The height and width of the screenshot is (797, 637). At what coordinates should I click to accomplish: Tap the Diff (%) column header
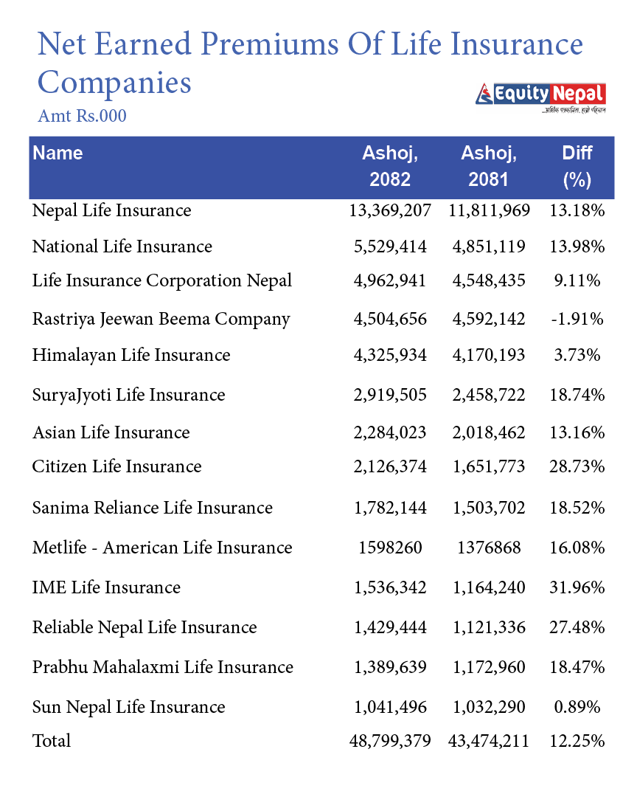click(x=577, y=166)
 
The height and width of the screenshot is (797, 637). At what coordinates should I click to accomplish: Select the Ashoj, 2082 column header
click(x=390, y=166)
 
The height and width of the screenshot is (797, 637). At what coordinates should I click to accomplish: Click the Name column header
click(x=58, y=153)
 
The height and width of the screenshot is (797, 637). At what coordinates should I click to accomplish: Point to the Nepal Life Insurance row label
click(x=111, y=211)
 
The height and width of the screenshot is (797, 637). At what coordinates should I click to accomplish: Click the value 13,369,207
click(x=390, y=211)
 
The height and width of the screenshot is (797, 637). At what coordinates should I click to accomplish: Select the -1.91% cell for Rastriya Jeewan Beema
click(x=577, y=319)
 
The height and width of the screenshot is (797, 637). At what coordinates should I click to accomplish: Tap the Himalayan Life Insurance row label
click(x=131, y=355)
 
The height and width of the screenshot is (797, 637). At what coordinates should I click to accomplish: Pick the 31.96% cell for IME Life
click(x=577, y=587)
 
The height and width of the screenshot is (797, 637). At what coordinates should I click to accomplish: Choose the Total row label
click(x=52, y=740)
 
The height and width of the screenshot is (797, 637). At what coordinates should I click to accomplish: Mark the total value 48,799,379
click(x=390, y=740)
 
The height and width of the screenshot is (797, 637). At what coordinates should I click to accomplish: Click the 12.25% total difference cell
click(x=577, y=740)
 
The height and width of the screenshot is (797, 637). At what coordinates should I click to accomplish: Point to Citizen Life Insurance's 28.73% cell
click(x=577, y=466)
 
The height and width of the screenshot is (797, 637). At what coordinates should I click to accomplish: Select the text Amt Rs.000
click(x=82, y=117)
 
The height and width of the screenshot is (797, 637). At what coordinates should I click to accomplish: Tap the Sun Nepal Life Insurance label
click(x=128, y=707)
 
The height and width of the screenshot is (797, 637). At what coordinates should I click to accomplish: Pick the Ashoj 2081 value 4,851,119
click(x=489, y=246)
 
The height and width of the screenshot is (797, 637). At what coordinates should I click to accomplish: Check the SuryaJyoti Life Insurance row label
click(x=128, y=395)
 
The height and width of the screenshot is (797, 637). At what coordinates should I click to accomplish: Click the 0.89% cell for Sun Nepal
click(x=577, y=707)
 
